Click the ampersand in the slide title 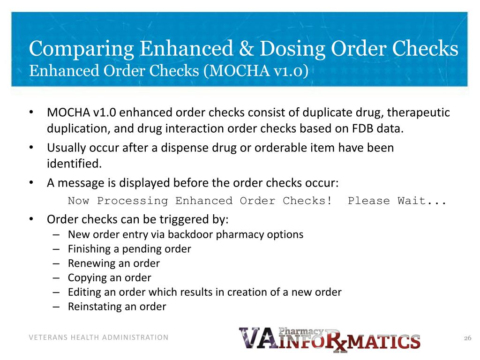pyautogui.click(x=246, y=49)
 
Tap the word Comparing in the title pyautogui.click(x=82, y=49)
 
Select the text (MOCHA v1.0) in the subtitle pyautogui.click(x=256, y=71)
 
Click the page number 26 pyautogui.click(x=467, y=338)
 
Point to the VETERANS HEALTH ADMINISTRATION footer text pyautogui.click(x=98, y=337)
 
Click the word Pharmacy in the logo pyautogui.click(x=301, y=331)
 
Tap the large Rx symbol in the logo pyautogui.click(x=336, y=341)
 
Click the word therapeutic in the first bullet pyautogui.click(x=418, y=112)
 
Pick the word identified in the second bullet pyautogui.click(x=74, y=164)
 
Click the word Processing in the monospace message pyautogui.click(x=133, y=201)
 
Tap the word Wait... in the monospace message pyautogui.click(x=421, y=201)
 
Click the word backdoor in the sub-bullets pyautogui.click(x=190, y=234)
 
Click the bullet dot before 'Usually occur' pyautogui.click(x=31, y=148)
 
